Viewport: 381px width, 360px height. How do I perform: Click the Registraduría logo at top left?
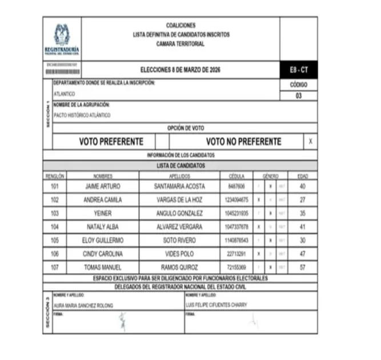(x=62, y=38)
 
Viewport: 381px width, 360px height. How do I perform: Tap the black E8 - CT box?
(x=298, y=70)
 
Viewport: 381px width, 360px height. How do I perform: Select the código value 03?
(x=298, y=95)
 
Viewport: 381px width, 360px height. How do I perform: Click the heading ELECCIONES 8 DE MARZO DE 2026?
(x=180, y=70)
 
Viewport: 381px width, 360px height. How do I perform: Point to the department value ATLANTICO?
(x=64, y=93)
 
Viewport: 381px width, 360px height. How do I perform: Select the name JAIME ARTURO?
(x=103, y=186)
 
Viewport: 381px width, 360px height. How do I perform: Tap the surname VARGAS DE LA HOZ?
(x=179, y=200)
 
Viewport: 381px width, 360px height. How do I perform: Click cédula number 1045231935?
(x=236, y=214)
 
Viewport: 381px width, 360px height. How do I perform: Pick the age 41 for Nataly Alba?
(x=302, y=227)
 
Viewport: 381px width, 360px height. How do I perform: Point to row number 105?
(x=55, y=241)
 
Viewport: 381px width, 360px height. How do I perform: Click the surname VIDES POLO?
(x=179, y=254)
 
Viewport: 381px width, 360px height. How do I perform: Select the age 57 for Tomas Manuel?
(x=302, y=267)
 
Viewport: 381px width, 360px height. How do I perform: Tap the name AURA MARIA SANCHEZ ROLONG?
(x=83, y=305)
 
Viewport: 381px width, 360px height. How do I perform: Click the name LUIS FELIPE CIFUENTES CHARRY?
(x=216, y=305)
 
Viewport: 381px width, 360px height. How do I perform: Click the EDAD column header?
(x=302, y=176)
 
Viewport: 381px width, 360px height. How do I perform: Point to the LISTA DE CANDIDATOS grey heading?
(x=180, y=166)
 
